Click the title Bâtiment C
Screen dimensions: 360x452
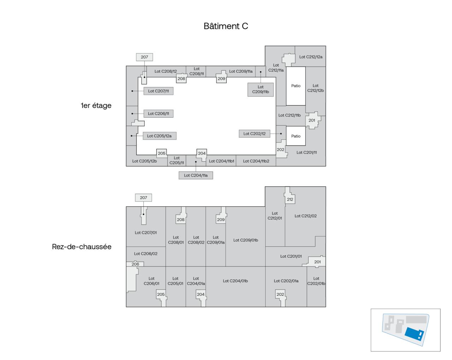coord(226,26)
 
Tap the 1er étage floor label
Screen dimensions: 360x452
coord(96,106)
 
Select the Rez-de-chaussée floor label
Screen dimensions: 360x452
coord(82,247)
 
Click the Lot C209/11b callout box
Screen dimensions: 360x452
coord(261,90)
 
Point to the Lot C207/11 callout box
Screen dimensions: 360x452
coord(158,91)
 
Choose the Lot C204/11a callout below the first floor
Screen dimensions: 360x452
coord(196,175)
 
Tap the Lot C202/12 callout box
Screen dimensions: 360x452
coord(254,134)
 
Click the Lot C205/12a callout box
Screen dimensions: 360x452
coord(159,136)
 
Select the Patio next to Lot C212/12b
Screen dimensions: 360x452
coord(296,86)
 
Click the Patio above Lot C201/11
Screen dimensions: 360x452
coord(296,136)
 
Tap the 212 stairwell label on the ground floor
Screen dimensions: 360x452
coord(290,199)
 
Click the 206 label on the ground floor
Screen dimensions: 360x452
coord(135,264)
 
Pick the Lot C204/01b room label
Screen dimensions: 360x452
coord(235,281)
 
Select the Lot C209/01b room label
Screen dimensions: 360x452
coord(245,240)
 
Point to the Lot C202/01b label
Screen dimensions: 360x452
coord(316,281)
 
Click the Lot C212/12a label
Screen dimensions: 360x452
coord(311,57)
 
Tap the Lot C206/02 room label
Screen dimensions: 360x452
coord(145,254)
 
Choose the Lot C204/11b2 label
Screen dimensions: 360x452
coord(256,161)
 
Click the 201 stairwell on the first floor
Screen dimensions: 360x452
coord(312,120)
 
